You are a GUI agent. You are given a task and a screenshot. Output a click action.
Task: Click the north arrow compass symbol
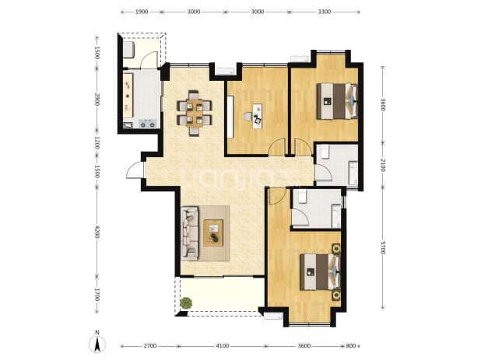tap(97, 344)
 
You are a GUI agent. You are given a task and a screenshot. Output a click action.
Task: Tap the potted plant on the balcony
tap(186, 303)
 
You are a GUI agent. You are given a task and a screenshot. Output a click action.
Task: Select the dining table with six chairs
tap(194, 113)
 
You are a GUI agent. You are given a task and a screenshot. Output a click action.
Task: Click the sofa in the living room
tap(189, 233)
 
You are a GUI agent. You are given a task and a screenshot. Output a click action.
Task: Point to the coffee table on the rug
tap(213, 232)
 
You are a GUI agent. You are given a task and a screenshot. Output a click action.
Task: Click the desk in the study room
tap(258, 117)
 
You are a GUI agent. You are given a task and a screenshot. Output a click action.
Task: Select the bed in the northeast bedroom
tap(337, 101)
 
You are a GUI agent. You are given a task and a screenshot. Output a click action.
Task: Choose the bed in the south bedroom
tap(320, 271)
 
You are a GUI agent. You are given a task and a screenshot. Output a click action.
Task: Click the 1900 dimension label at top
tap(142, 12)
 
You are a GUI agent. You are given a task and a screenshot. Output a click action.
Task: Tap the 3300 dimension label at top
tap(325, 12)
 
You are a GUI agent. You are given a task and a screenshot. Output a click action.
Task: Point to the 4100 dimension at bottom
tap(222, 346)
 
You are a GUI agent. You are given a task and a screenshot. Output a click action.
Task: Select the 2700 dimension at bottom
tap(149, 346)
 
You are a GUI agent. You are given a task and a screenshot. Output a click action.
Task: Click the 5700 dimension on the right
tap(382, 247)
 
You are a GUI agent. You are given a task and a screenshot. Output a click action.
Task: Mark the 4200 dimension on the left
tap(97, 232)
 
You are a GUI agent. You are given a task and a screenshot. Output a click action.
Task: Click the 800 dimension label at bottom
tap(350, 346)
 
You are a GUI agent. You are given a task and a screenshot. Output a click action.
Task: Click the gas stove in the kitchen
tap(148, 124)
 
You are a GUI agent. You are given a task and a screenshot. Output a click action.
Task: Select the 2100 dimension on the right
tap(382, 165)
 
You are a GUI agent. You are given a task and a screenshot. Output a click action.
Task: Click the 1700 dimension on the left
tap(97, 295)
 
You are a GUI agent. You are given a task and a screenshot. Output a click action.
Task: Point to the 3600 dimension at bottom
tap(304, 346)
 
